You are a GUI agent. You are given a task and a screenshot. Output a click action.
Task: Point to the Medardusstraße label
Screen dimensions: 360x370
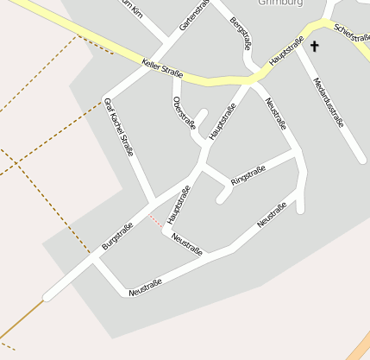(x=328, y=104)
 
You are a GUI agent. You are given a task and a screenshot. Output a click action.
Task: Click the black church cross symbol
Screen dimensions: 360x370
(x=314, y=46)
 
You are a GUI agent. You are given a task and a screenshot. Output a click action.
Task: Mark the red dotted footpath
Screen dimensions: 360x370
(x=155, y=222)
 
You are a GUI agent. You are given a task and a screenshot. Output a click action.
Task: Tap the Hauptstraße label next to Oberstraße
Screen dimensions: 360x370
(x=222, y=122)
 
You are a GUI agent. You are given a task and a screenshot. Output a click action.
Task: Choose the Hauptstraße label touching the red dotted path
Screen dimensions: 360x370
(x=179, y=205)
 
